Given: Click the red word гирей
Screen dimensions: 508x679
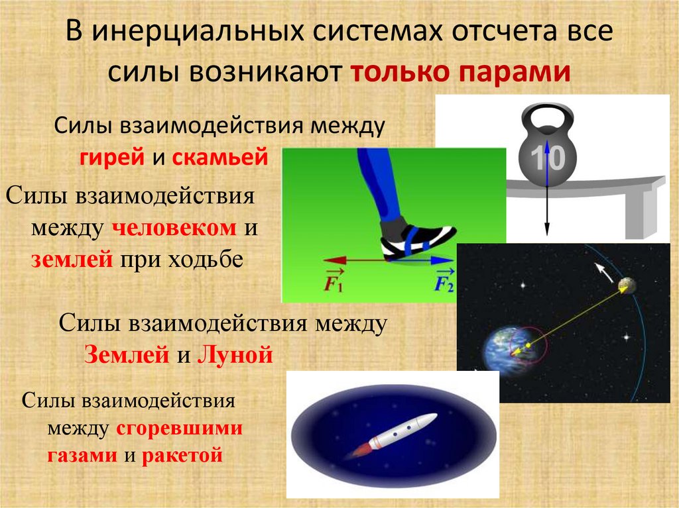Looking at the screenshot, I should point(108,158).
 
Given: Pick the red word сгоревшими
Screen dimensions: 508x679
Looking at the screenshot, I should point(180,429).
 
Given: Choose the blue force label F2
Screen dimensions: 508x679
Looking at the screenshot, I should point(444,281).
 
